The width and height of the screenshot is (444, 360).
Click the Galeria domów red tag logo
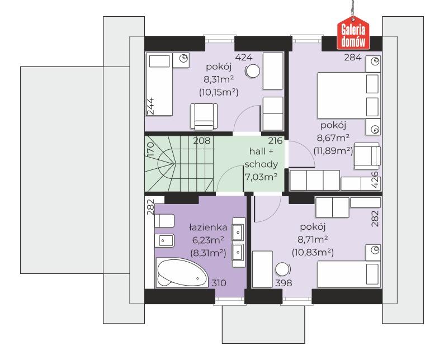click(x=353, y=33)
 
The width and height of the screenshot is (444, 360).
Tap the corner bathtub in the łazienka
click(x=182, y=272)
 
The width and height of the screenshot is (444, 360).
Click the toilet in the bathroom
click(x=164, y=221)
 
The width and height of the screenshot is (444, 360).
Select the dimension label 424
click(x=244, y=58)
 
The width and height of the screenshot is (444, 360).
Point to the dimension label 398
click(x=284, y=283)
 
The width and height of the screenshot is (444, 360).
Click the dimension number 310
click(x=219, y=283)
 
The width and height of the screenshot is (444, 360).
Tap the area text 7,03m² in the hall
click(x=261, y=177)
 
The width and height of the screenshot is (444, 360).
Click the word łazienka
click(x=208, y=228)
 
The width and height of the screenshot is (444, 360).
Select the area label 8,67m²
click(x=333, y=138)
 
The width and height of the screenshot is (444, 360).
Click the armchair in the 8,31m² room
click(x=204, y=116)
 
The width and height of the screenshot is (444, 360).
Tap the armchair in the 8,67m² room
click(x=367, y=156)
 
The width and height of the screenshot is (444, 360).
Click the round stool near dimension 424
click(x=253, y=72)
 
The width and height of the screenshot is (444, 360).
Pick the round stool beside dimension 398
click(x=283, y=269)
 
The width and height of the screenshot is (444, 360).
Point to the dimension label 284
click(x=353, y=58)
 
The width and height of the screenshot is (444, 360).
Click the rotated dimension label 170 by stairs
click(x=150, y=150)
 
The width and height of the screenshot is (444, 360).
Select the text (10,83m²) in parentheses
click(x=313, y=252)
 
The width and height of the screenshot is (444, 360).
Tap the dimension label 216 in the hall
click(x=276, y=141)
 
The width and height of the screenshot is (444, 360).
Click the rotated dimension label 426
click(x=374, y=179)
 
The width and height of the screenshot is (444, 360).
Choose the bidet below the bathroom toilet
click(x=164, y=241)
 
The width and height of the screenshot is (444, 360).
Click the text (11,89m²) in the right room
click(x=333, y=151)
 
